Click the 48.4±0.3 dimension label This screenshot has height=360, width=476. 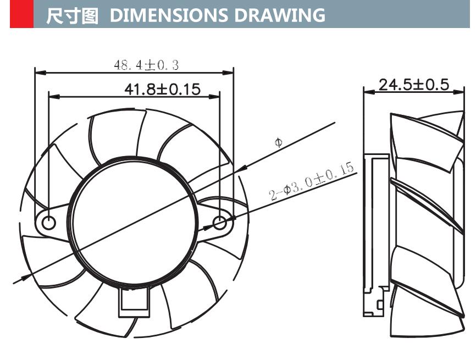(146, 65)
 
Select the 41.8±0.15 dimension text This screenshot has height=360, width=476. (162, 89)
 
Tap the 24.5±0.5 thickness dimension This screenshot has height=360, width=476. (414, 85)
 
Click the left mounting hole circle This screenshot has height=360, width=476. (49, 223)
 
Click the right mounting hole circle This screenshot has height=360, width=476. (219, 223)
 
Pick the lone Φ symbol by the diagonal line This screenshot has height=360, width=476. (279, 143)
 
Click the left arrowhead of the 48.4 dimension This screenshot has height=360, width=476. (38, 72)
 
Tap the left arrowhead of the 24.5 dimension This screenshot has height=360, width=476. (368, 92)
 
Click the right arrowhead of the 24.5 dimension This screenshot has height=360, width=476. (460, 92)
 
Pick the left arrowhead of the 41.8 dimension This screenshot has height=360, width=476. (53, 97)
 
